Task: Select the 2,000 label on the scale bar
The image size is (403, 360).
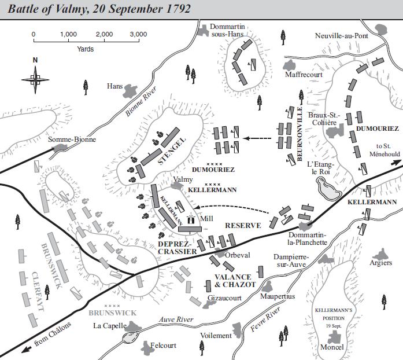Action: pos(103,35)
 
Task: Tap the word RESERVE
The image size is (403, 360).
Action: pos(243,225)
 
